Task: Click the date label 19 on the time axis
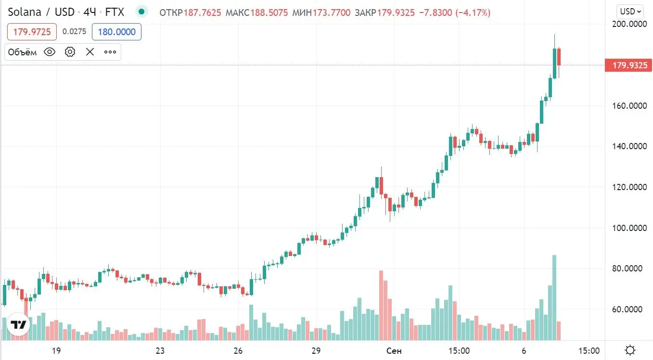tap(56, 350)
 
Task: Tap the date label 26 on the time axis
tap(238, 350)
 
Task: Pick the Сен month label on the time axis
tap(394, 350)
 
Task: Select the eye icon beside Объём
tap(50, 52)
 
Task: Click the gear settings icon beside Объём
tap(70, 52)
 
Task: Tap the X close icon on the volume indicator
tap(90, 52)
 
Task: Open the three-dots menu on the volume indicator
tap(110, 52)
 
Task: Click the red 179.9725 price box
tap(32, 32)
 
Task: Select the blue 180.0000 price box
tap(116, 32)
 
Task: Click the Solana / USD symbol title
tap(41, 11)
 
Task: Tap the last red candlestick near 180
tap(559, 57)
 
